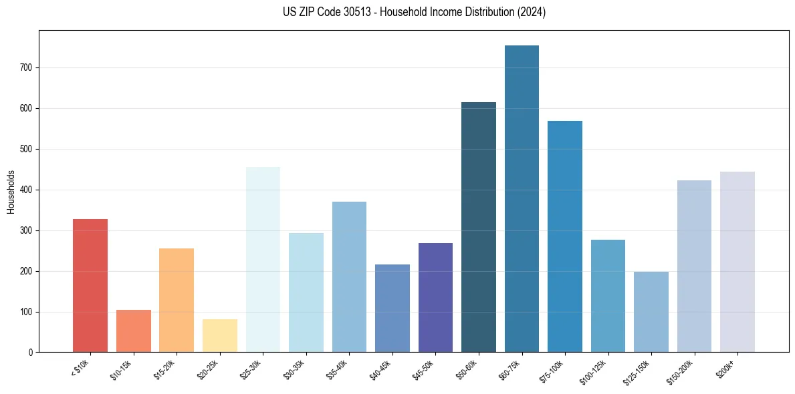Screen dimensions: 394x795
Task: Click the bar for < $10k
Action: point(90,285)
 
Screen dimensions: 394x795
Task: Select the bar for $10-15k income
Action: point(133,331)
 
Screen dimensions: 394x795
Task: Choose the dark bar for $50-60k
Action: point(479,227)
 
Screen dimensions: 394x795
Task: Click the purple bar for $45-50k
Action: point(435,297)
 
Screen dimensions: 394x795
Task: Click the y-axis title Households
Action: point(11,192)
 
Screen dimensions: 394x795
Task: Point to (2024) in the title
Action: point(532,12)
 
